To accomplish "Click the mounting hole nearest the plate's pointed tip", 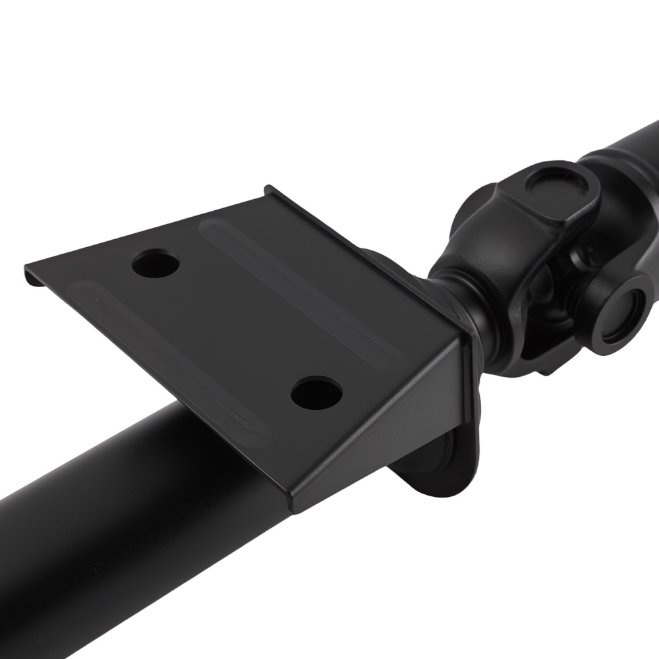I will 156,265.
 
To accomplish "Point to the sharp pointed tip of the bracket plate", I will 27,268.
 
